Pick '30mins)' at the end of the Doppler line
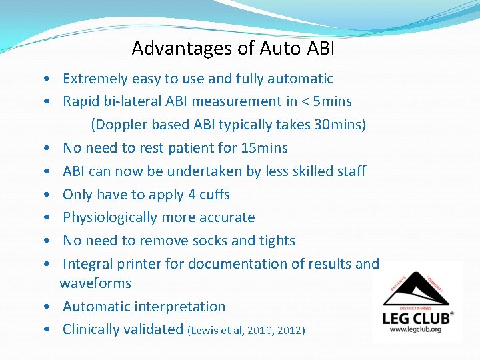pos(340,125)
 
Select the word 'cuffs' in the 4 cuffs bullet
pos(214,195)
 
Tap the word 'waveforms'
pos(95,283)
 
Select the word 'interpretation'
pos(180,307)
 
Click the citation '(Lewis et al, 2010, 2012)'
pos(247,330)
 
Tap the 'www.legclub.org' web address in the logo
pos(417,329)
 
